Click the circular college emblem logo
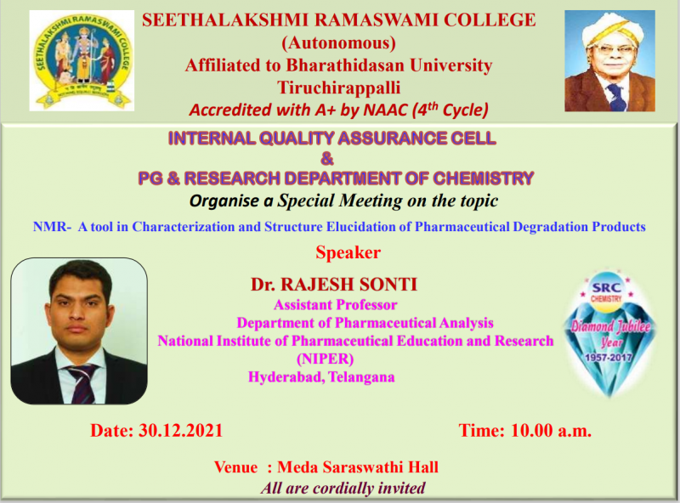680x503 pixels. click(x=82, y=60)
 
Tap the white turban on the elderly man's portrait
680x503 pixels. click(x=609, y=31)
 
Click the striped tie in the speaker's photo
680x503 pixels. click(x=82, y=384)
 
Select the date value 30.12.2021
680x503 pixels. click(x=180, y=431)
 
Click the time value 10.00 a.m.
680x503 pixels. click(x=551, y=431)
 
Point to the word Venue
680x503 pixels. click(x=236, y=467)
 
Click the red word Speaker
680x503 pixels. click(x=348, y=253)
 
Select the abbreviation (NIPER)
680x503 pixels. click(x=326, y=359)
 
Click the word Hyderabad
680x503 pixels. click(x=286, y=377)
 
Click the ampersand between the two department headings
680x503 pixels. click(x=327, y=159)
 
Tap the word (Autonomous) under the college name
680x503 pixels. click(x=338, y=43)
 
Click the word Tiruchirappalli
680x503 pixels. click(x=338, y=88)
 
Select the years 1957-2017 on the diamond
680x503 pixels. click(x=609, y=358)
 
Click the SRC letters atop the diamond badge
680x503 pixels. click(x=606, y=287)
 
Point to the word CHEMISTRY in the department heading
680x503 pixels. click(x=483, y=178)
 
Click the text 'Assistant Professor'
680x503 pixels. click(x=335, y=305)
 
